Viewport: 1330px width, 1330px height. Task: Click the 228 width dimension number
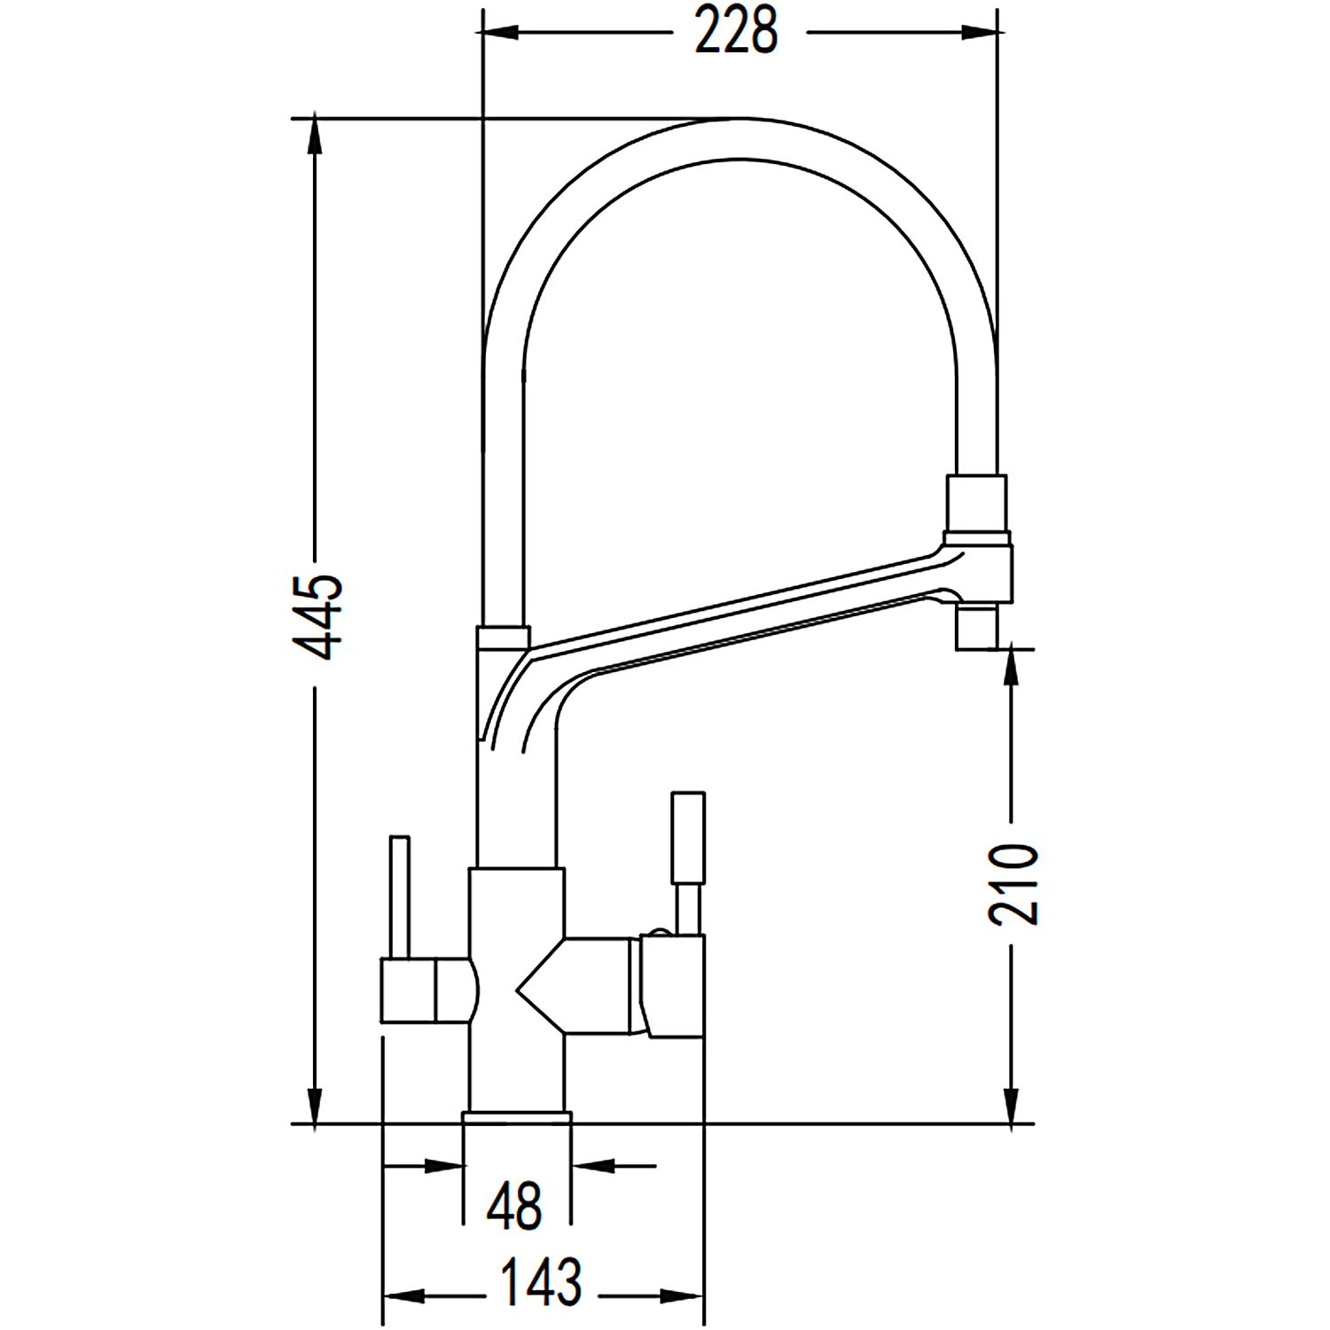point(736,32)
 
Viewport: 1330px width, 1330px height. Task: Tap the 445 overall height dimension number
point(318,617)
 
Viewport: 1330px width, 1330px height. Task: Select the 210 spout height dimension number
point(1013,884)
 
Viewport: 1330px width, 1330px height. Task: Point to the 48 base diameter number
point(515,1206)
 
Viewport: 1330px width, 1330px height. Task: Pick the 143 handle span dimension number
point(542,1281)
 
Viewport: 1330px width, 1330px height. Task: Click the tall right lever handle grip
point(689,837)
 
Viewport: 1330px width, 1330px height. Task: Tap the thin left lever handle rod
point(400,896)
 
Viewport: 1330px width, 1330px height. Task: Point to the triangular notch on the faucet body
point(541,984)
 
